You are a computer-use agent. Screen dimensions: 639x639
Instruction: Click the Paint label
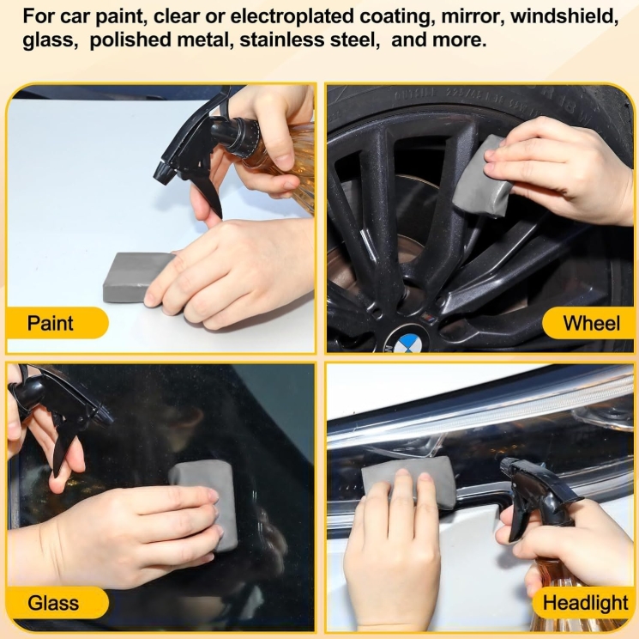pos(50,323)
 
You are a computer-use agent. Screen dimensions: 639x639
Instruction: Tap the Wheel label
pos(591,323)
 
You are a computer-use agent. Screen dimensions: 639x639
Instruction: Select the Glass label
pos(53,603)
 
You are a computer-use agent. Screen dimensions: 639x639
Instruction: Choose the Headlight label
pos(585,603)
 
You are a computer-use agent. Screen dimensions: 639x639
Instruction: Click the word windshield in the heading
pos(564,16)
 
